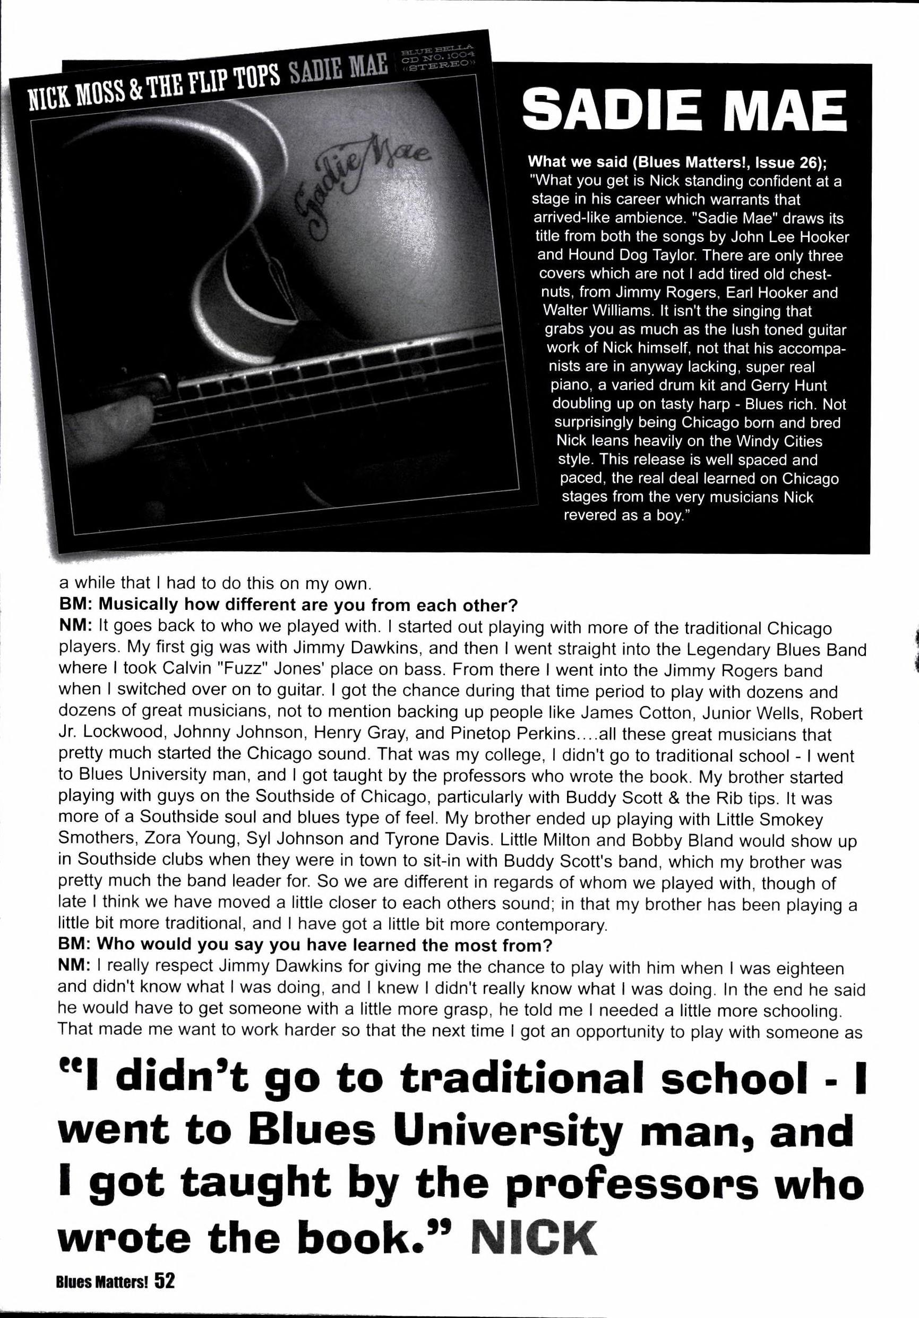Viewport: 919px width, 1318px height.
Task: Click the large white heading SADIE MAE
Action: [685, 113]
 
